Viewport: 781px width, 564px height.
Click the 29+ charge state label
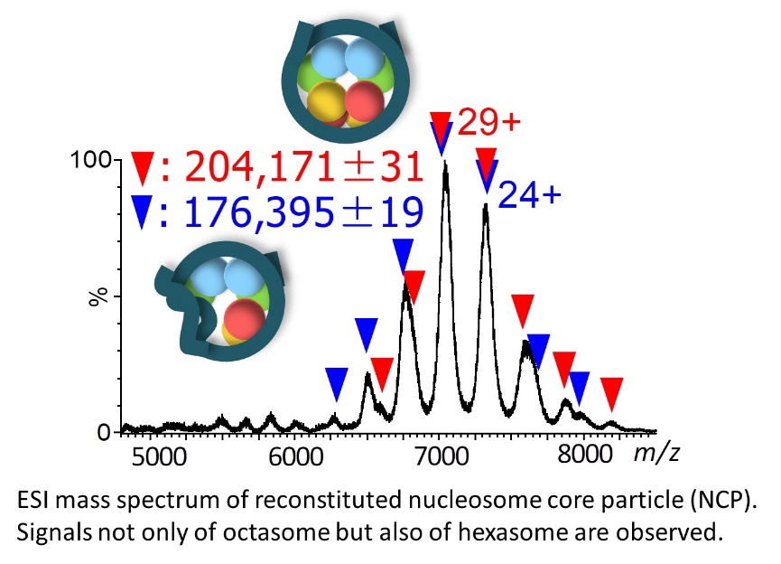click(488, 122)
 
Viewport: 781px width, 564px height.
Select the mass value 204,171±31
click(303, 167)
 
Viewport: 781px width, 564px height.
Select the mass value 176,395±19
click(303, 211)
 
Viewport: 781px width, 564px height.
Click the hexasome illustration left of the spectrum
click(220, 303)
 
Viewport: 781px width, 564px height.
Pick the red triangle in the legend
click(144, 168)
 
